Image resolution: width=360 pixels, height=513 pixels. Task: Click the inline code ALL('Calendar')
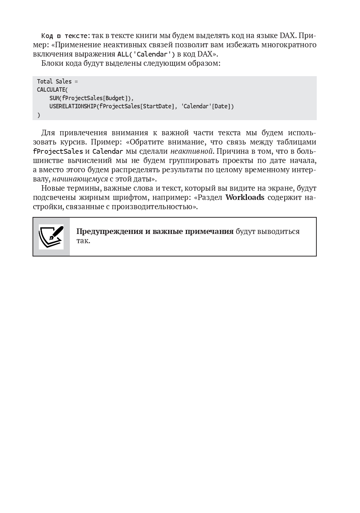click(146, 54)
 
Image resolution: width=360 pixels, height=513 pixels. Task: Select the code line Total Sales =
click(57, 81)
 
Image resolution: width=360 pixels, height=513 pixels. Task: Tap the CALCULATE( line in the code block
click(52, 90)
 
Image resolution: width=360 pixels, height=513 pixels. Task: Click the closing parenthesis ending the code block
click(38, 115)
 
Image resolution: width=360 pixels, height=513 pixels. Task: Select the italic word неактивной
click(191, 151)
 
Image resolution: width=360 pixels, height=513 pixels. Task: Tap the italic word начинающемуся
click(80, 179)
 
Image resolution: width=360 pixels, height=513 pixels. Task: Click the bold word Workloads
click(245, 197)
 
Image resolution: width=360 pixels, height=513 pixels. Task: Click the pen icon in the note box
click(51, 237)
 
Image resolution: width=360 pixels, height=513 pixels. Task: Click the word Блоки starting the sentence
click(52, 63)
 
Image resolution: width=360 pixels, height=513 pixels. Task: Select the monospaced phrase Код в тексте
click(65, 36)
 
